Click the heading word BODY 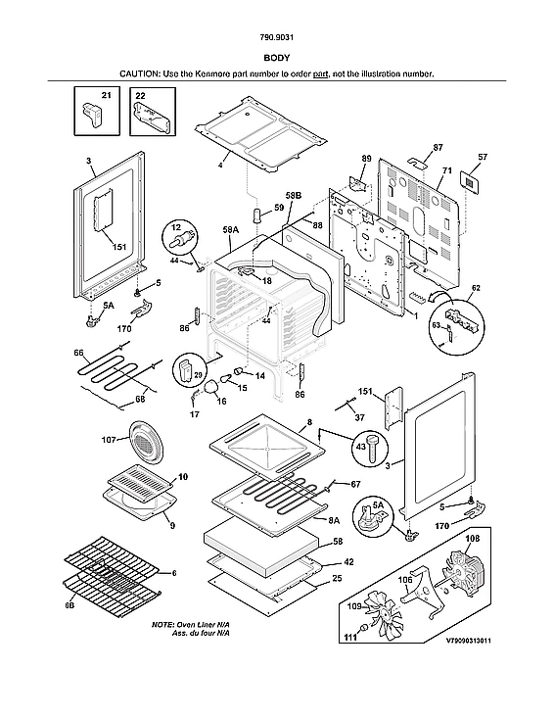click(x=276, y=58)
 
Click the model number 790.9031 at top click(x=276, y=37)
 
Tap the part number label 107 click(x=109, y=440)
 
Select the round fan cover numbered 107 click(x=145, y=444)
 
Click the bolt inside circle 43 click(x=371, y=448)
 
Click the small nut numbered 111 click(x=363, y=627)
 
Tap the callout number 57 click(x=483, y=157)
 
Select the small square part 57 click(x=470, y=181)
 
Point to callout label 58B click(x=294, y=196)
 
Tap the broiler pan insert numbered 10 click(x=141, y=478)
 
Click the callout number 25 click(x=337, y=578)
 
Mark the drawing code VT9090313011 click(x=469, y=641)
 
